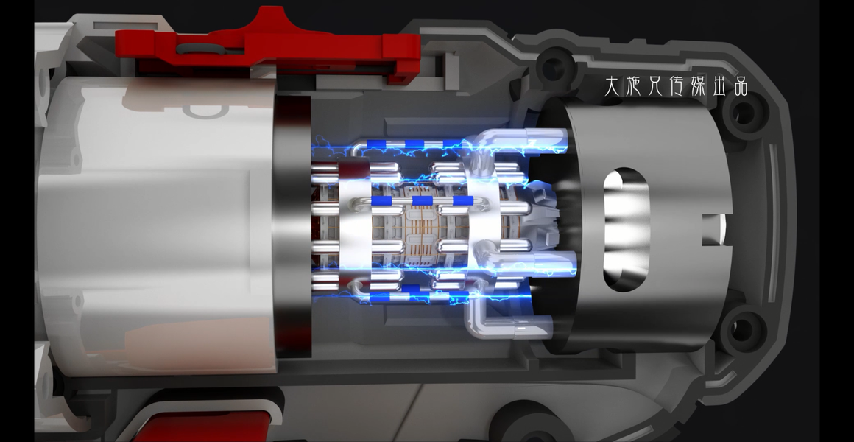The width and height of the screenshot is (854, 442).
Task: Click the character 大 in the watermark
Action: click(613, 85)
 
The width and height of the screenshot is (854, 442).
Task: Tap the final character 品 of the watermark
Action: click(741, 87)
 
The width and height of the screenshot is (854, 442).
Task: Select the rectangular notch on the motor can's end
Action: click(713, 229)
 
